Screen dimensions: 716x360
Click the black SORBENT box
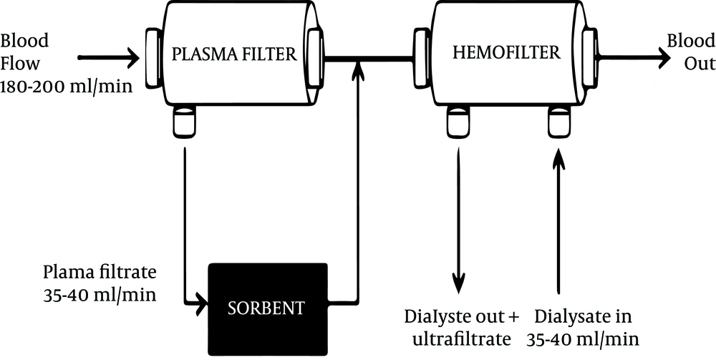268,309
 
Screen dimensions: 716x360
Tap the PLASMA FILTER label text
234,55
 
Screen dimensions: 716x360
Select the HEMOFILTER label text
506,53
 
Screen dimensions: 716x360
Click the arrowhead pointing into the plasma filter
132,58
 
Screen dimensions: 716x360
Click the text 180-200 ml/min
67,86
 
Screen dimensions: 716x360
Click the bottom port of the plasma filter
185,121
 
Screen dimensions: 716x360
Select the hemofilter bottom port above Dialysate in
559,121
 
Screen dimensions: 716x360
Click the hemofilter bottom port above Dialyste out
458,121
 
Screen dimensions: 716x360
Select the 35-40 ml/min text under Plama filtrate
100,295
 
